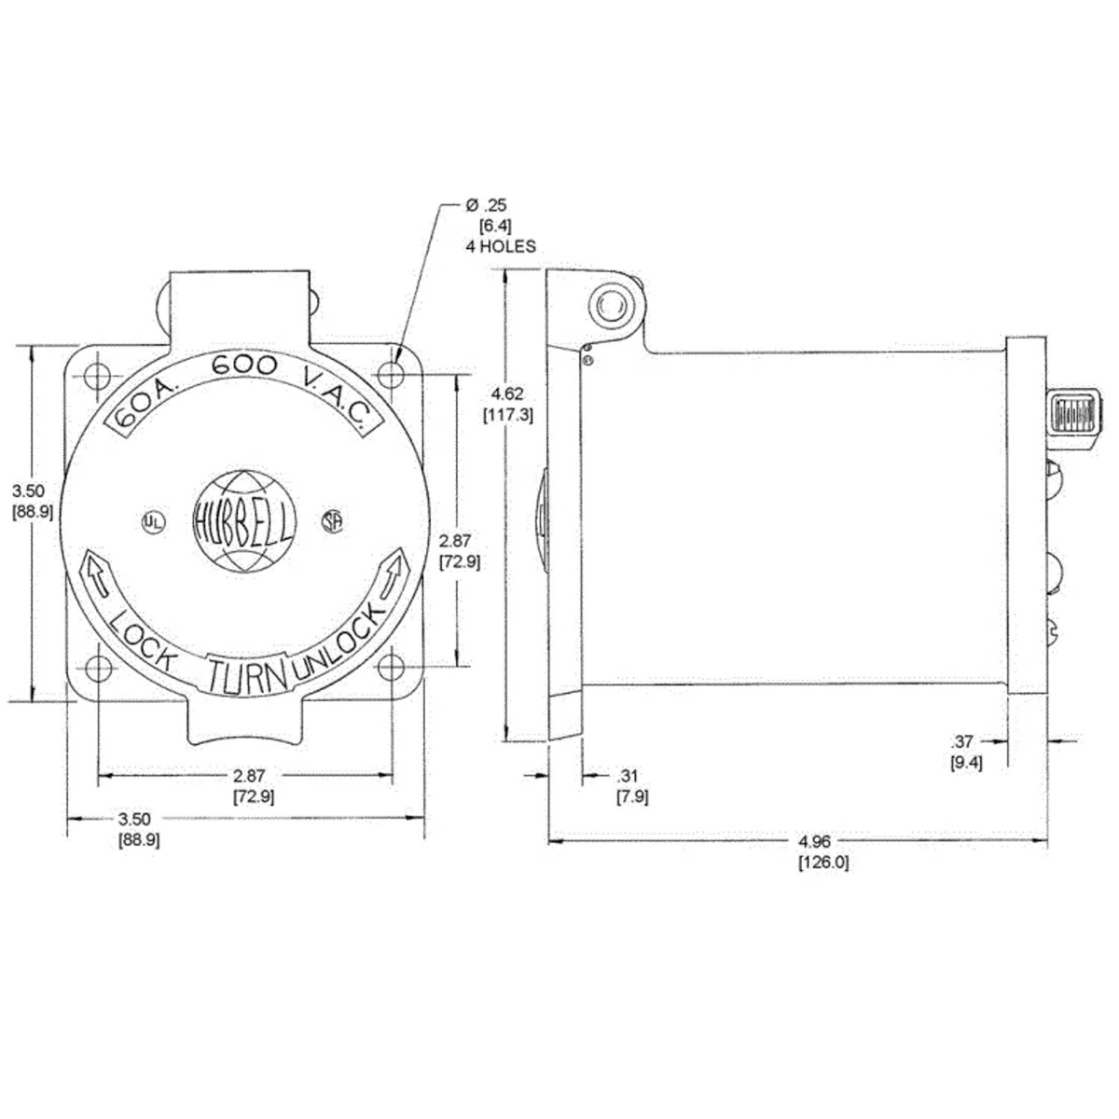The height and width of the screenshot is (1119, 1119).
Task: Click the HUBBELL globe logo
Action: tap(244, 521)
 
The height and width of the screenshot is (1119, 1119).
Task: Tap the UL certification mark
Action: tap(153, 522)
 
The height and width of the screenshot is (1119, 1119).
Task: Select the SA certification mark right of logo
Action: tap(332, 521)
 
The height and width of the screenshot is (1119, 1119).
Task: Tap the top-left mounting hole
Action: tap(97, 375)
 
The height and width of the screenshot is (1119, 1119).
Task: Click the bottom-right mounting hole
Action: tap(391, 668)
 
